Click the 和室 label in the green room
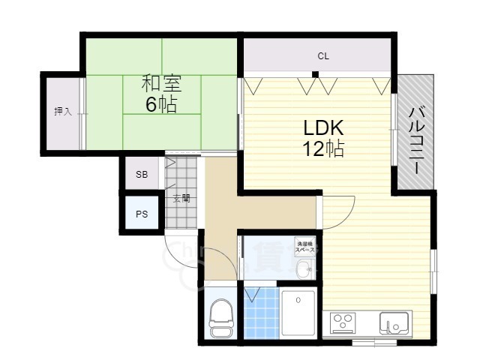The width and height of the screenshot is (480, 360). [x=161, y=82]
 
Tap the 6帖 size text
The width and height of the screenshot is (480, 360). [x=161, y=104]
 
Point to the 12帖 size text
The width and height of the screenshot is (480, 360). [x=323, y=148]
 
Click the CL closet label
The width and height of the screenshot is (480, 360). [x=323, y=56]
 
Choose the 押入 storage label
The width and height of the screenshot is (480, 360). [x=62, y=112]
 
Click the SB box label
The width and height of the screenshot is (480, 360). [x=142, y=175]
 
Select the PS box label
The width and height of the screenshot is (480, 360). [x=142, y=213]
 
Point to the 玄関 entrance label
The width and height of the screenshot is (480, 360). [x=181, y=199]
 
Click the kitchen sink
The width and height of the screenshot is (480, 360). [x=392, y=323]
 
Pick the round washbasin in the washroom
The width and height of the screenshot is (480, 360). [x=303, y=268]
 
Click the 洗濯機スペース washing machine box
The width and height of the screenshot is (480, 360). [x=304, y=245]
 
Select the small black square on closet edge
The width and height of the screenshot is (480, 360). [x=316, y=73]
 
